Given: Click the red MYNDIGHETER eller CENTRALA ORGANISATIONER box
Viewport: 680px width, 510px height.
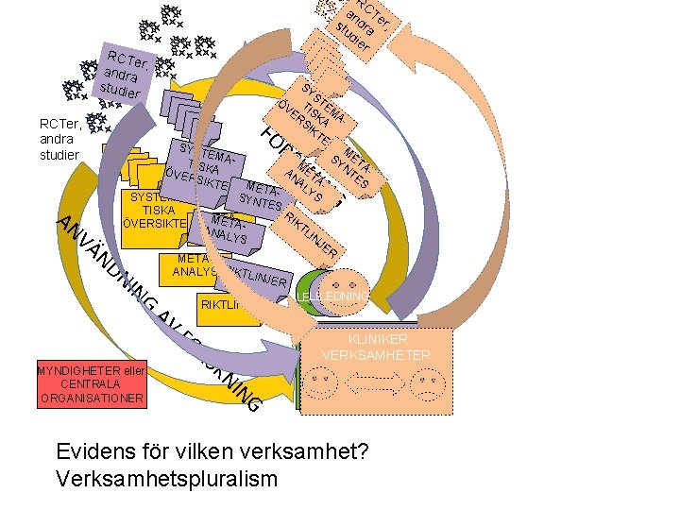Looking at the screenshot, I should pyautogui.click(x=91, y=384).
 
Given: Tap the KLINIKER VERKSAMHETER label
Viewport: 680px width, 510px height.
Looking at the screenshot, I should pyautogui.click(x=376, y=347).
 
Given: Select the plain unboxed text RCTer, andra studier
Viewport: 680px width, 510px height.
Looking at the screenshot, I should pyautogui.click(x=59, y=138).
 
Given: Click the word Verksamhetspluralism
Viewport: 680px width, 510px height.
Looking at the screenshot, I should pyautogui.click(x=167, y=478).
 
